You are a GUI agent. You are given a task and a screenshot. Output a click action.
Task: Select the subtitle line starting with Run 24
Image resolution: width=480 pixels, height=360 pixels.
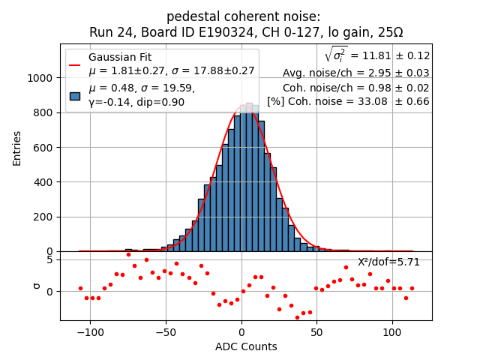coord(246,32)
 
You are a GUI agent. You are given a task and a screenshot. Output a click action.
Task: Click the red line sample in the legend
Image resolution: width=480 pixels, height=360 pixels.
coord(74,64)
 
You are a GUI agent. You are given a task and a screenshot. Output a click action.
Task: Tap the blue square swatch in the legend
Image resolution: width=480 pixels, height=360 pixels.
coord(74,95)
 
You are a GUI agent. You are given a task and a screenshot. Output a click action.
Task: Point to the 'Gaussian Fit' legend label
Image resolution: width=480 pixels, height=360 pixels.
coord(120,58)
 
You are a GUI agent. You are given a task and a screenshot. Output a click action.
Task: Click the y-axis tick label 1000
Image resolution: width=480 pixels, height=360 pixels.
coord(40,78)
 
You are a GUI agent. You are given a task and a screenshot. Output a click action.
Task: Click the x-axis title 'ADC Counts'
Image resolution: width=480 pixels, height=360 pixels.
coord(246,346)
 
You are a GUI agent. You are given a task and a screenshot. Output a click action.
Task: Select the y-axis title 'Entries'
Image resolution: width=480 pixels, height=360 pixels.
coord(17,148)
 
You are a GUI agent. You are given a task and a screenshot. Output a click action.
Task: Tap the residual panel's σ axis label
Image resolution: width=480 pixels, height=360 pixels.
coord(35,286)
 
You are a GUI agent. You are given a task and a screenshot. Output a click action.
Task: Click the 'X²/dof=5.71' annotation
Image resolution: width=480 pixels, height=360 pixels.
coord(388,262)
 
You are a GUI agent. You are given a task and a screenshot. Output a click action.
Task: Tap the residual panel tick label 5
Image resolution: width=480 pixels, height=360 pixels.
coord(49,259)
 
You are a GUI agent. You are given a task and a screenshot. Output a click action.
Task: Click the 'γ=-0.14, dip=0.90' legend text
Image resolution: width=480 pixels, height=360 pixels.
coord(136,102)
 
